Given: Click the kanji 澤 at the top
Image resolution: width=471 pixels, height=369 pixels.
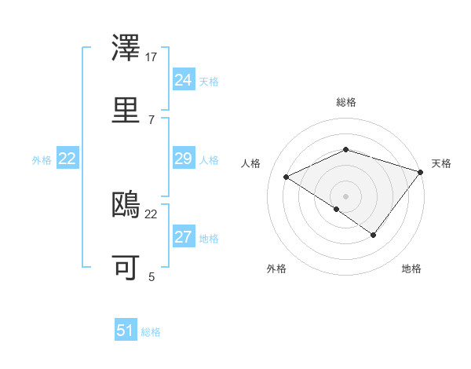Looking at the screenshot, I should [127, 49].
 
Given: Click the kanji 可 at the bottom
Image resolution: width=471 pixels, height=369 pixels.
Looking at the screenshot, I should [127, 266].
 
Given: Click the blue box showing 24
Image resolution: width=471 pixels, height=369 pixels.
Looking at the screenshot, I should [183, 80].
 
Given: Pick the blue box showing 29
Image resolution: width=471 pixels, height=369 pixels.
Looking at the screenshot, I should [183, 159].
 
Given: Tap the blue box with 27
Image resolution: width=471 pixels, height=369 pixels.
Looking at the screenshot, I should [183, 237].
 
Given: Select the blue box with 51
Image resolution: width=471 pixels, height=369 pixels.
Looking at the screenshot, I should [126, 331].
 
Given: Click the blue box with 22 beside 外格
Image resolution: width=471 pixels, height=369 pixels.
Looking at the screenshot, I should [68, 159].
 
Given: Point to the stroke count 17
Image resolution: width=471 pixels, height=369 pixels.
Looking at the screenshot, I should [152, 57].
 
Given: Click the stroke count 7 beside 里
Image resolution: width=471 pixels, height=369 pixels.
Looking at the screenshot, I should [152, 119].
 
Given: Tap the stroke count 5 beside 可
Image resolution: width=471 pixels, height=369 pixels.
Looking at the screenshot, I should [152, 276].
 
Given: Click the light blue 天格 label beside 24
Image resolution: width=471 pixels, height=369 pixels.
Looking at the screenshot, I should [208, 82].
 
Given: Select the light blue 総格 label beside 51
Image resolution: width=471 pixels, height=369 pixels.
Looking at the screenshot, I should [151, 332].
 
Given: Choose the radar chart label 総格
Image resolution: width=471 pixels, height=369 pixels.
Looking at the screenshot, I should [345, 102].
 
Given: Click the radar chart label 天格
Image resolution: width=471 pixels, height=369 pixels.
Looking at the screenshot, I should [441, 163].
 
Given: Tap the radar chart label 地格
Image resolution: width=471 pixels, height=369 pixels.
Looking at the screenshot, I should [411, 269].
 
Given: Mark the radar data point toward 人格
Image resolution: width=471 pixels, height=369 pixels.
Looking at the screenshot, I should [287, 177].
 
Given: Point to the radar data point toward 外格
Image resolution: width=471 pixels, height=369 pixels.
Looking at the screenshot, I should [336, 209].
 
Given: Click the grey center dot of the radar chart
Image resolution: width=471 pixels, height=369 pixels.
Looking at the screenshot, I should [345, 195].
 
